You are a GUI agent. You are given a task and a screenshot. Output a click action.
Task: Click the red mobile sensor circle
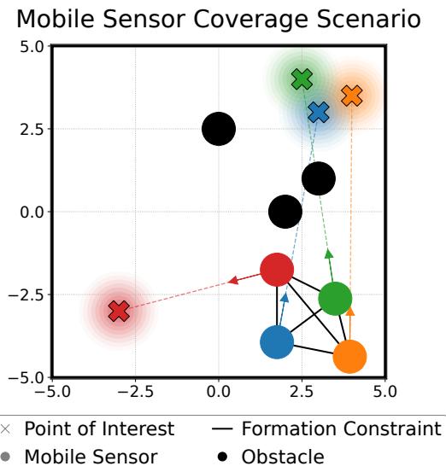276,270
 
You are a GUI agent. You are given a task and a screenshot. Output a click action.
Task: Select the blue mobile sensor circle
277,341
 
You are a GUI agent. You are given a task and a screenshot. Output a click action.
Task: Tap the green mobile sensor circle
335,298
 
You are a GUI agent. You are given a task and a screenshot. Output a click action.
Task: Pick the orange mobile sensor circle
349,356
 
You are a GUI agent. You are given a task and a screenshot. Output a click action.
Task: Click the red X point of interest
119,311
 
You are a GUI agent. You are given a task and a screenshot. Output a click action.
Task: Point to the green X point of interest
302,79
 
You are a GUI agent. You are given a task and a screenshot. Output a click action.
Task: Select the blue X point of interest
319,113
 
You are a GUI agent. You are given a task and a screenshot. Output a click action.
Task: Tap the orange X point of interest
352,96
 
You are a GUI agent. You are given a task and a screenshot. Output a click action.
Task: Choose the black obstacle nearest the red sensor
285,211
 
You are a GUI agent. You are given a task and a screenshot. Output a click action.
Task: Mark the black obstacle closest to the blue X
319,178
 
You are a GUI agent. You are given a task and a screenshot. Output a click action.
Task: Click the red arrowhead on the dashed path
232,280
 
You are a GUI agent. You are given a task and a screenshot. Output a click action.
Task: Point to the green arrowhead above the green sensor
329,253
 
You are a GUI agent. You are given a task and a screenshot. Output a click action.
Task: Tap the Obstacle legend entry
283,457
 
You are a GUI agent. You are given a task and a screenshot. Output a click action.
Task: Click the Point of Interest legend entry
99,428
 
